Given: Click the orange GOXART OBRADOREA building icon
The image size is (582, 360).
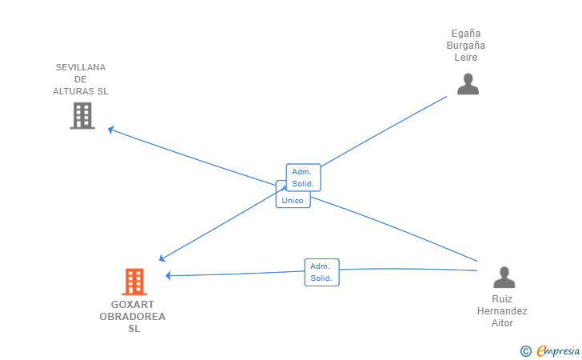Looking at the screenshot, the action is [134, 282].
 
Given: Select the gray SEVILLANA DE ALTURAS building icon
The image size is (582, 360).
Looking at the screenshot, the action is [82, 116].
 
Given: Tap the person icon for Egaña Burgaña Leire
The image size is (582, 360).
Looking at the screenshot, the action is [468, 84].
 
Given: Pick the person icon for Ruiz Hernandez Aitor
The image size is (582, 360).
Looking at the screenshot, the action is [504, 277].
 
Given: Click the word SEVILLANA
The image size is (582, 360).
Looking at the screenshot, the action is [81, 67].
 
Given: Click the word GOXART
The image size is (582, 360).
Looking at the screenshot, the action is [133, 305].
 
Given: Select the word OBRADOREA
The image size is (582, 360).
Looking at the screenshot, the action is [133, 317].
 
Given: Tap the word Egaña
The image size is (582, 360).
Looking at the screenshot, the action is [466, 34].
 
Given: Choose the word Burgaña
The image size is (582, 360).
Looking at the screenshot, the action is [466, 46].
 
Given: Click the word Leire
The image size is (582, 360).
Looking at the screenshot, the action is [466, 58].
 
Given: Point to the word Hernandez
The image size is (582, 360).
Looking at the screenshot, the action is [502, 311].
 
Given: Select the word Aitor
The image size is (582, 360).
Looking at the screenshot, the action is [502, 323].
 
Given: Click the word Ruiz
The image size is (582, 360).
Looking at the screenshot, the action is [502, 299].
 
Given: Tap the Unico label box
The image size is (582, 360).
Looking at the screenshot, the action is [293, 200].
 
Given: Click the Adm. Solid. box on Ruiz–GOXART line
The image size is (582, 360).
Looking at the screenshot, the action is [322, 272].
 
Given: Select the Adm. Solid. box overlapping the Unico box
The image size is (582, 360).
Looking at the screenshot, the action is [303, 178].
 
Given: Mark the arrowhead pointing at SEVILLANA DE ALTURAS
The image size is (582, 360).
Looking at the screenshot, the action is [110, 130].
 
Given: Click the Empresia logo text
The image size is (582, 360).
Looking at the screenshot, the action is [558, 350].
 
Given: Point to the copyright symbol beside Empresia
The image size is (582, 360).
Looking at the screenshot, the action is [526, 351].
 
